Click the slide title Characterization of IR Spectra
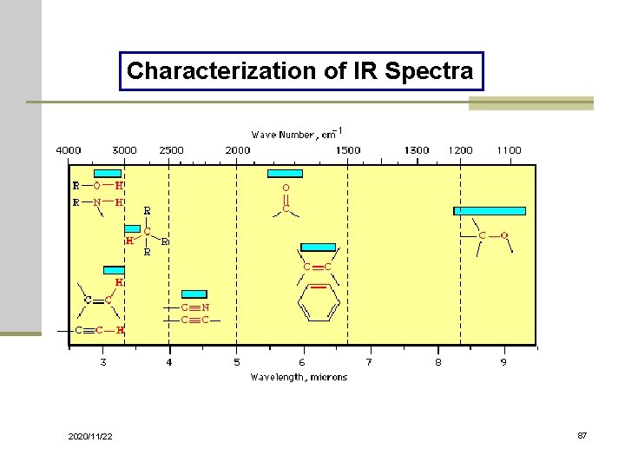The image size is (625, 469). pyautogui.click(x=300, y=70)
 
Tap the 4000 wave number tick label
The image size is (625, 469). pyautogui.click(x=69, y=150)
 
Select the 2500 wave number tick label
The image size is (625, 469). pyautogui.click(x=171, y=150)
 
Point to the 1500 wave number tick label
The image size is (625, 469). pyautogui.click(x=348, y=150)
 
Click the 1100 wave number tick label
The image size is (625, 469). pyautogui.click(x=509, y=150)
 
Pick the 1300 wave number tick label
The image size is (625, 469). pyautogui.click(x=417, y=150)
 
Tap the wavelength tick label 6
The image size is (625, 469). pyautogui.click(x=302, y=362)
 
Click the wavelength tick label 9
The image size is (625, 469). pyautogui.click(x=503, y=362)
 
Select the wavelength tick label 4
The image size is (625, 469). pyautogui.click(x=169, y=362)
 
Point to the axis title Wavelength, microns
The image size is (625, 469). pyautogui.click(x=299, y=377)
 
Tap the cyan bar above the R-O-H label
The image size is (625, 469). pyautogui.click(x=108, y=173)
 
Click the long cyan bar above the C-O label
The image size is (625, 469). pyautogui.click(x=490, y=210)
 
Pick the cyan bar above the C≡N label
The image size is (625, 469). pyautogui.click(x=194, y=294)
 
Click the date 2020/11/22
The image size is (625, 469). pyautogui.click(x=90, y=436)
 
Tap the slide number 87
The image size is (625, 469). pyautogui.click(x=582, y=435)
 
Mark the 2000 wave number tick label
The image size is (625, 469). pyautogui.click(x=238, y=150)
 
